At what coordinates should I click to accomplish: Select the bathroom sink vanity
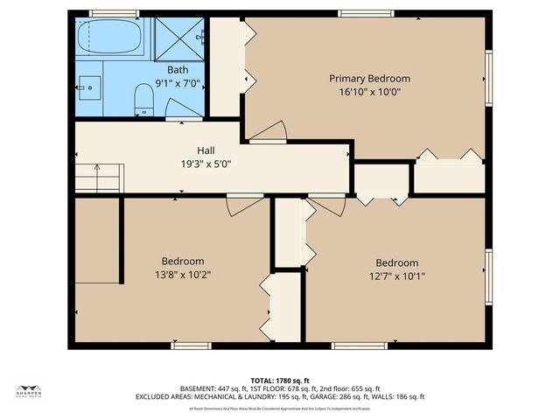click(x=88, y=87)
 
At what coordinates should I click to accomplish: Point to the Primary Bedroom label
click(x=369, y=79)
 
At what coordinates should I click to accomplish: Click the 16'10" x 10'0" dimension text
click(x=369, y=92)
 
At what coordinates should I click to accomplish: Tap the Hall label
click(x=206, y=150)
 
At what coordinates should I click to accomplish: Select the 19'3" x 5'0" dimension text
click(x=206, y=164)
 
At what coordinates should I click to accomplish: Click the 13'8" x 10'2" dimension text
click(x=183, y=275)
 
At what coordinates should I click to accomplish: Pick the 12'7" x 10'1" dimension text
click(x=396, y=276)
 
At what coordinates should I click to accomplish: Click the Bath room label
click(x=178, y=70)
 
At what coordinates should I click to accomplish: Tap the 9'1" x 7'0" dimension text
click(x=178, y=83)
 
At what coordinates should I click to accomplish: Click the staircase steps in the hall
click(x=97, y=177)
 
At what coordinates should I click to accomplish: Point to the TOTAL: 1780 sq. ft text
click(x=279, y=381)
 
